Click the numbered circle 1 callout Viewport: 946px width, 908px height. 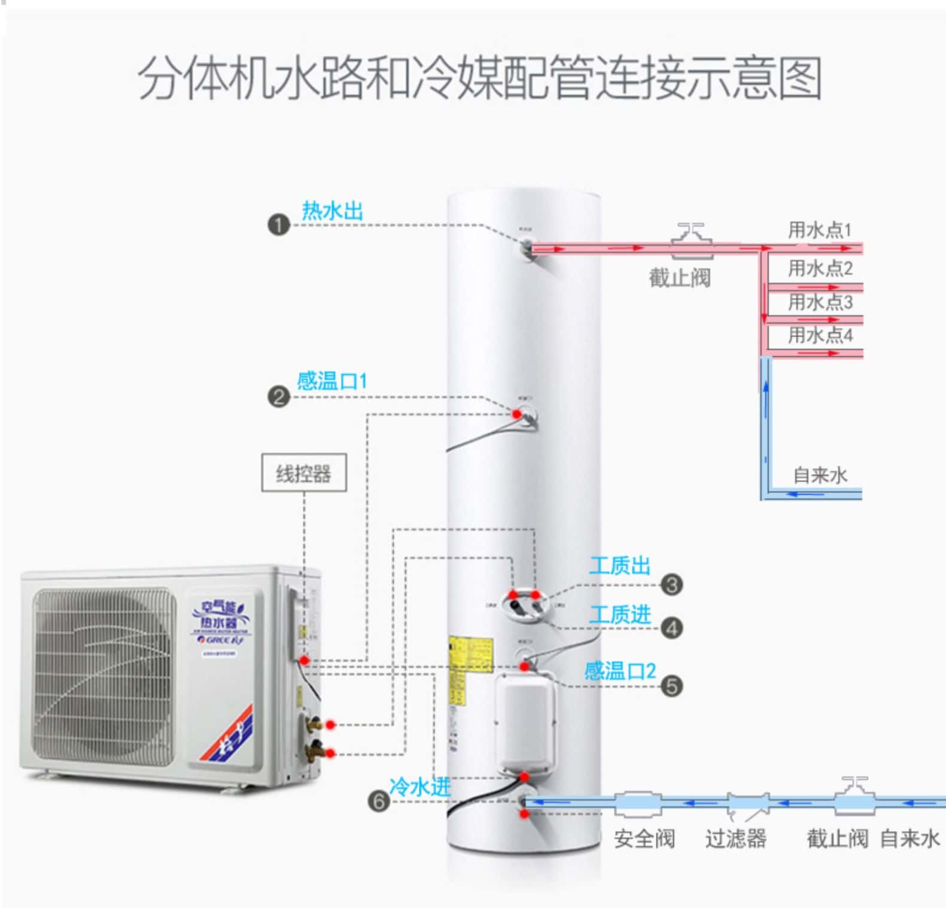coord(278,226)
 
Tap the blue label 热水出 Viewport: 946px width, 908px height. coord(332,211)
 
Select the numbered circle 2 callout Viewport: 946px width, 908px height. coord(278,397)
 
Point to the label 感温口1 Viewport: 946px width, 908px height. coord(332,381)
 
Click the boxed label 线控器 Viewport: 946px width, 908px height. coord(303,473)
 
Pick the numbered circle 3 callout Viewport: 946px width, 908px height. coord(671,585)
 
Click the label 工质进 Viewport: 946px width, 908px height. coord(619,615)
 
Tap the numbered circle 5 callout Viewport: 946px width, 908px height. coord(671,686)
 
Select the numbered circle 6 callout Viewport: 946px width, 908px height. coord(379,801)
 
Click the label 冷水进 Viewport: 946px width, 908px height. coord(419,786)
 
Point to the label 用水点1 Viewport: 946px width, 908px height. coord(820,230)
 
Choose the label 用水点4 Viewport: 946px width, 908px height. coord(820,335)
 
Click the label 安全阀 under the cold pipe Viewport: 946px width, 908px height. coord(644,839)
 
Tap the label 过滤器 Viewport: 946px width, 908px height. coord(735,839)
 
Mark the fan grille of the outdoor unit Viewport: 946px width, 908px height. coord(105,673)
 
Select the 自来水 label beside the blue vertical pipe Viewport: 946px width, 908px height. coord(820,475)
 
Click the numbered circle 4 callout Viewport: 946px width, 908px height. coord(671,628)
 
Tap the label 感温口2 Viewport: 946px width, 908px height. coord(620,671)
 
